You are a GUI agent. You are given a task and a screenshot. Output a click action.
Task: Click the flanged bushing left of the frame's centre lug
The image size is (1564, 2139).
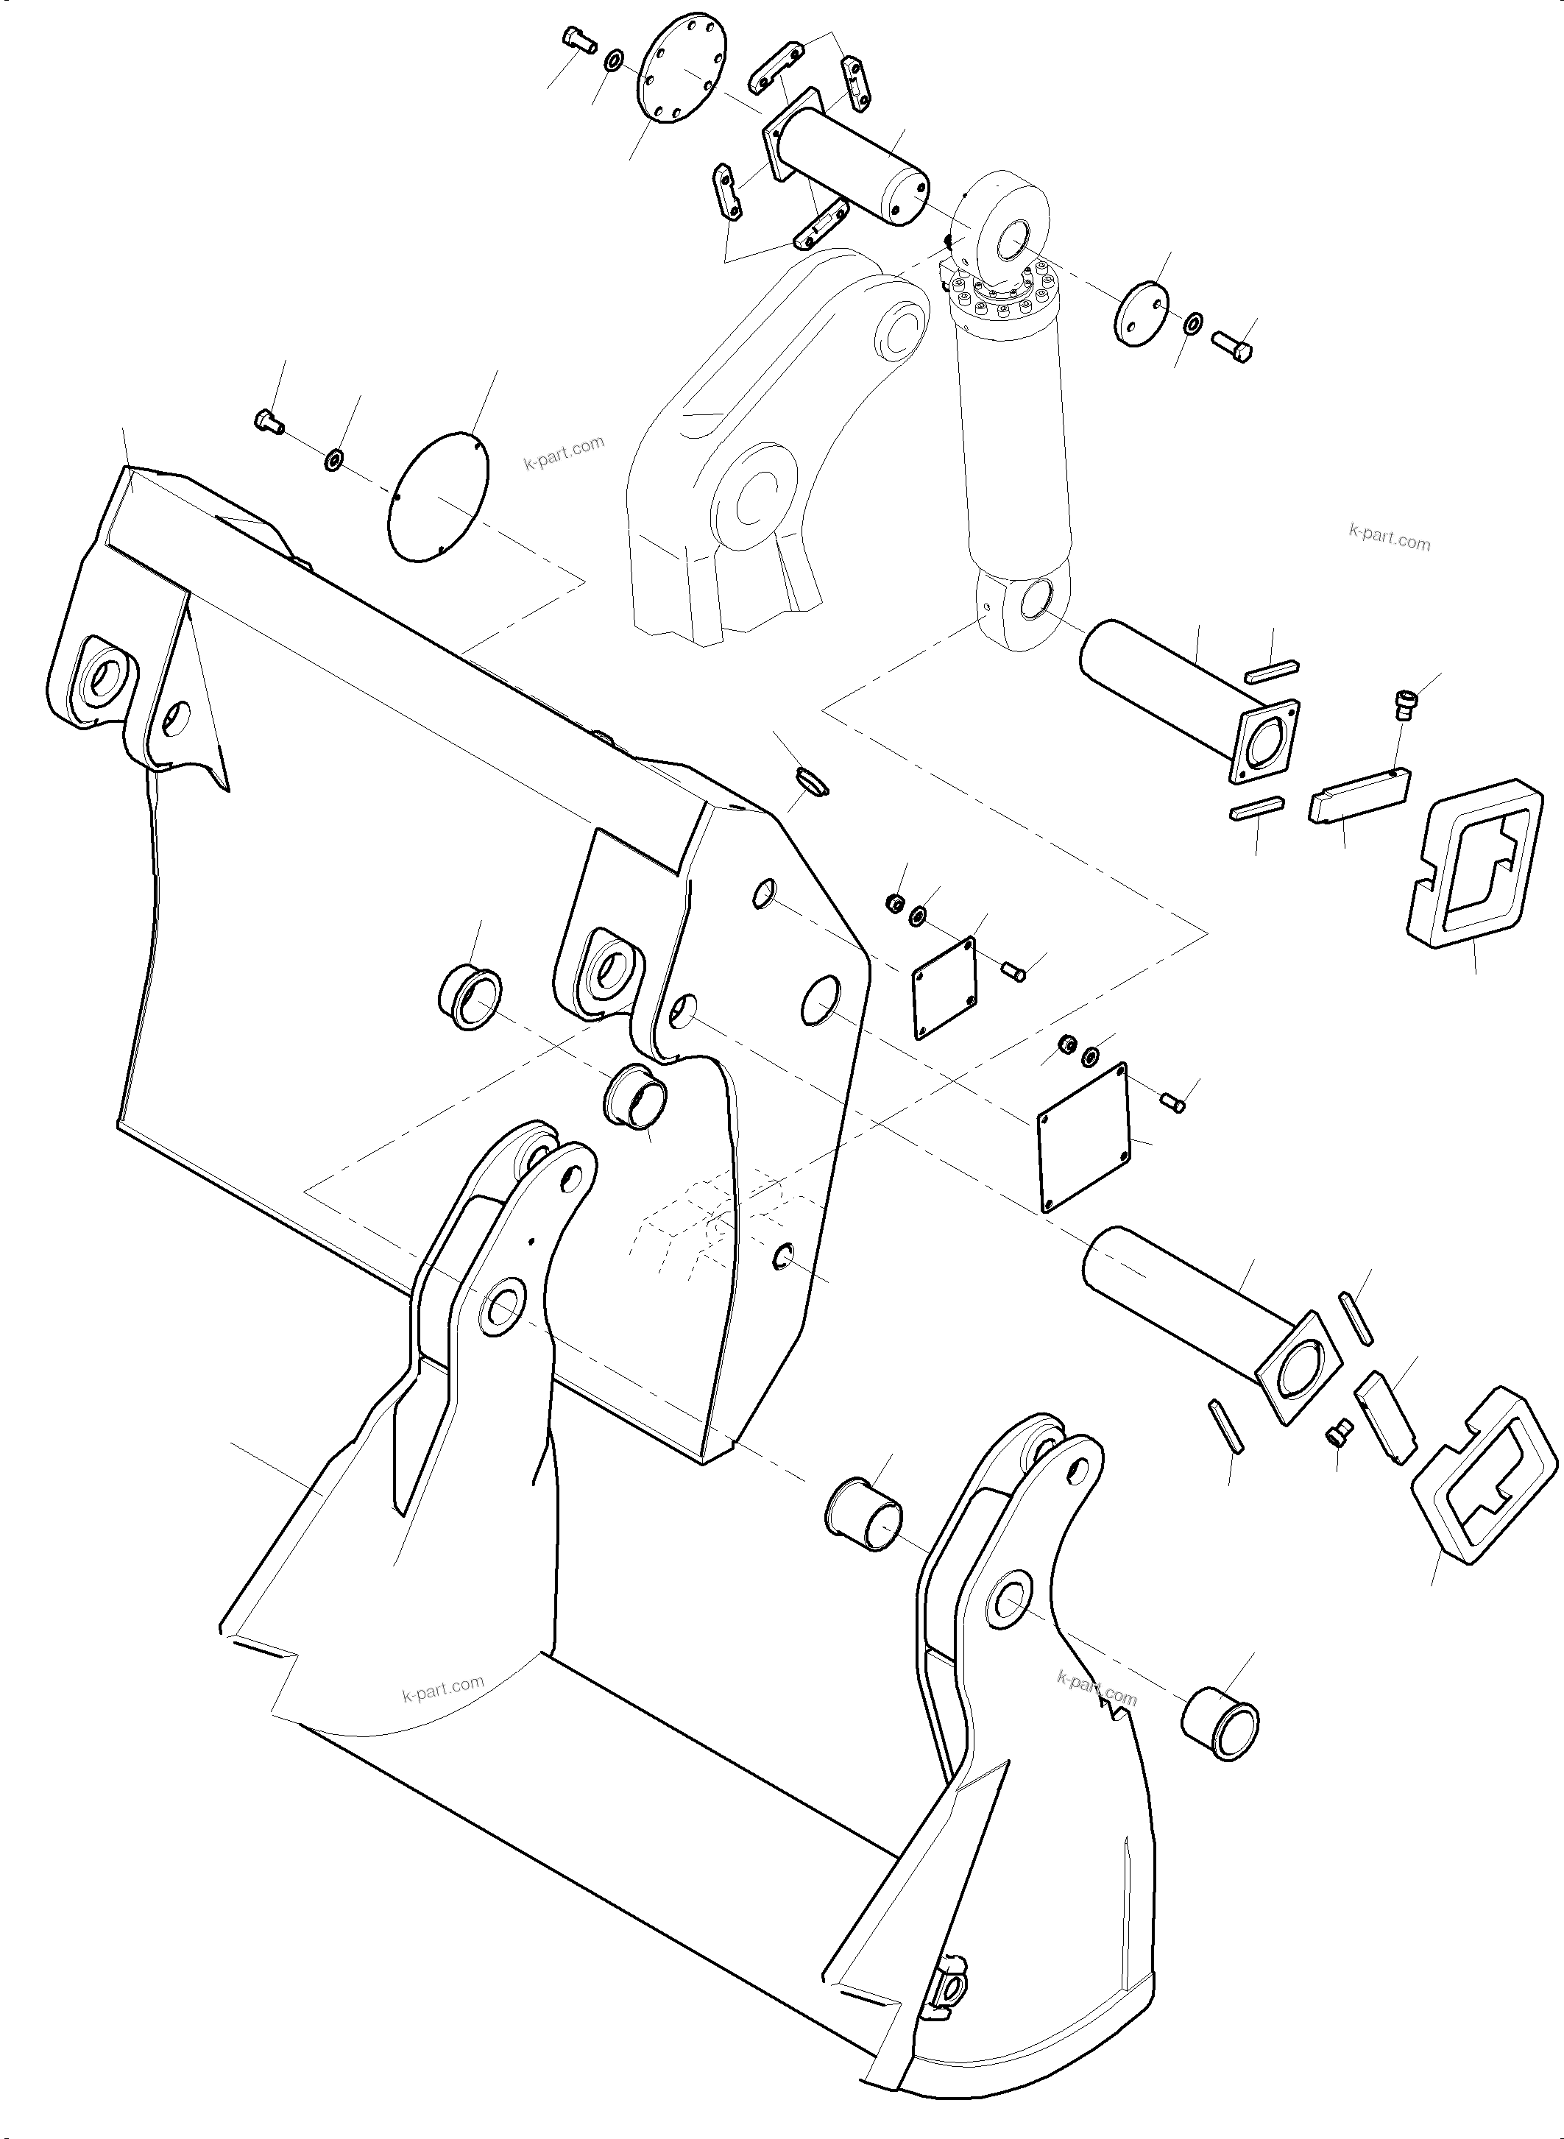click(469, 997)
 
